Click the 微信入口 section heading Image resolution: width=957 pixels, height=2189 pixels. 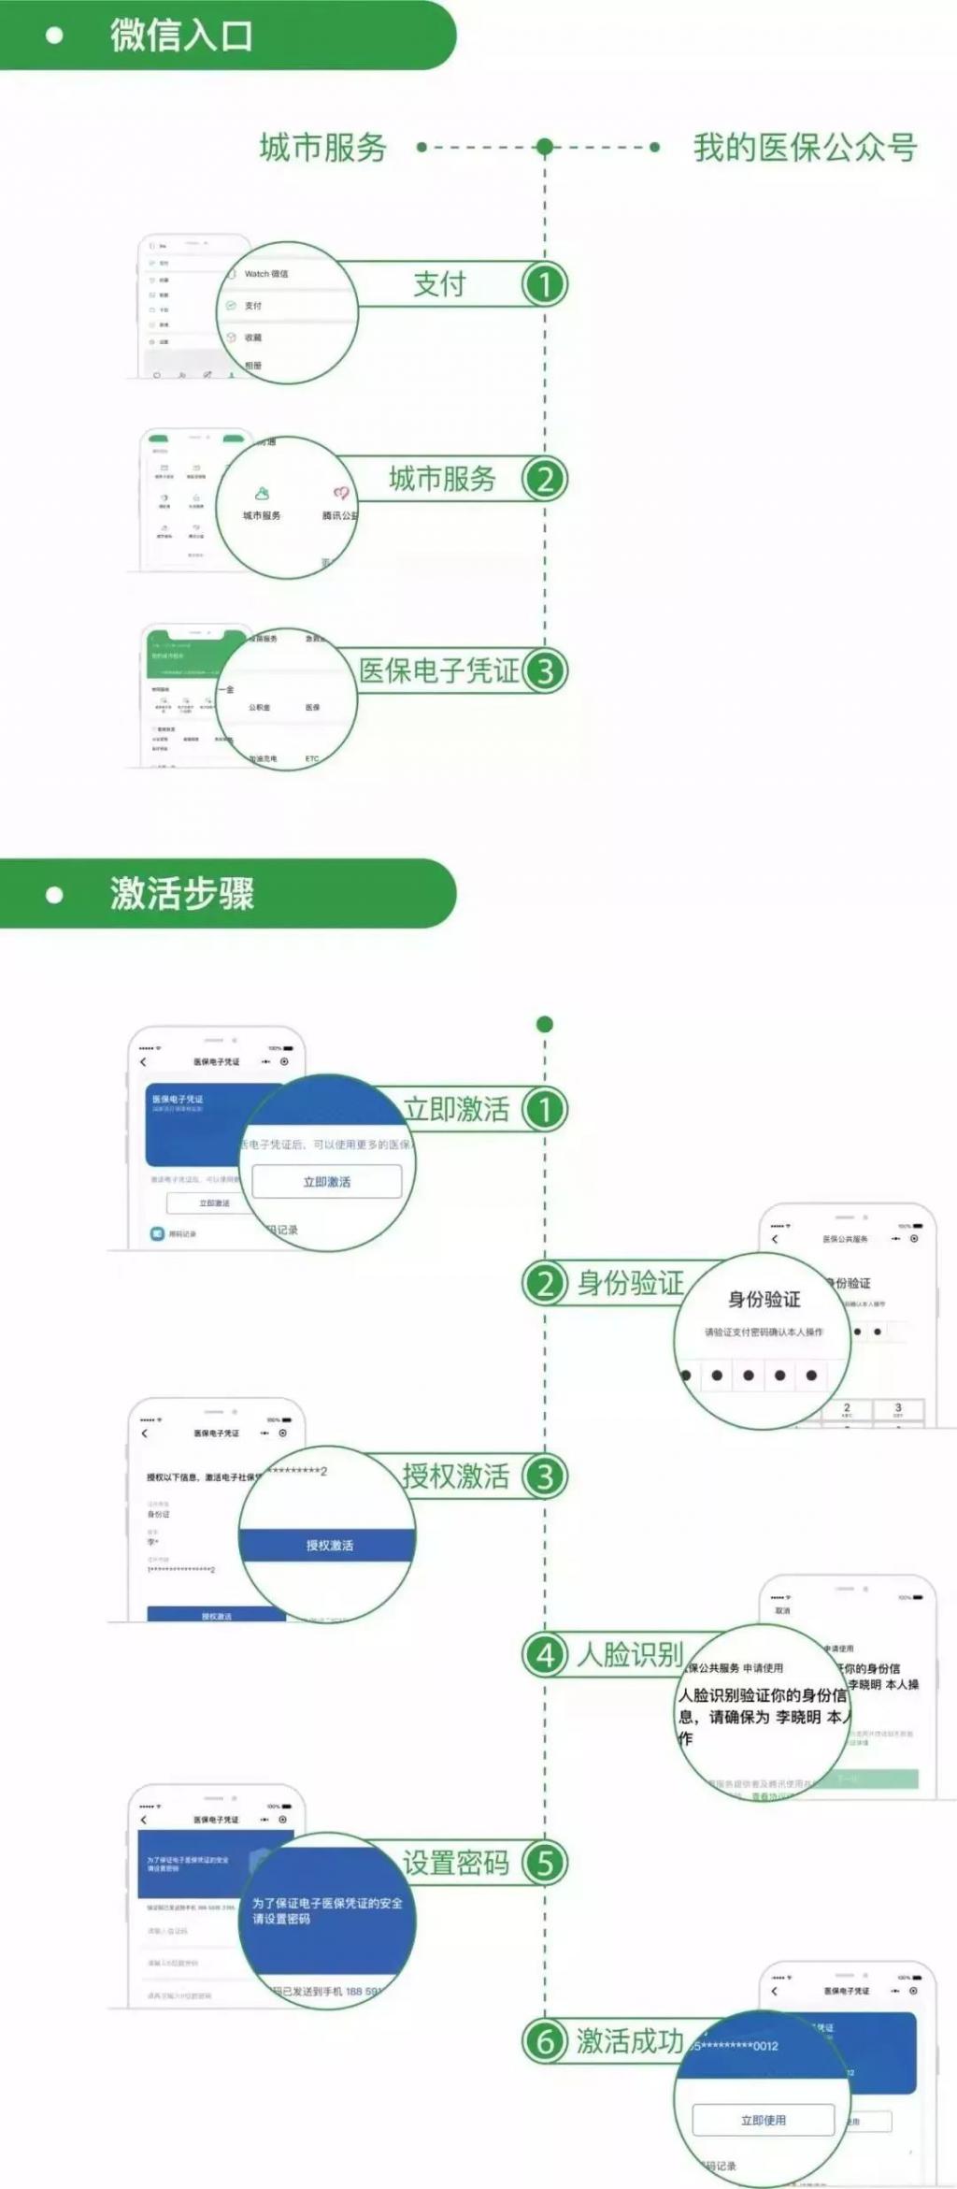click(x=181, y=36)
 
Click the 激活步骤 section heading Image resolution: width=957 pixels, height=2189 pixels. click(x=181, y=894)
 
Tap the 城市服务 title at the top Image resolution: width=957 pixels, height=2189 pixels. click(x=322, y=148)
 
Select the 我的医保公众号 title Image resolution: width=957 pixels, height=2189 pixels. click(x=805, y=148)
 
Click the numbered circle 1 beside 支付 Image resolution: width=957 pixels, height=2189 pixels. click(x=545, y=284)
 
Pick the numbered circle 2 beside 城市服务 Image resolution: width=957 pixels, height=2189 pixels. click(x=545, y=479)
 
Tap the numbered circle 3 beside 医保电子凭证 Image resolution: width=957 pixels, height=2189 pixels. click(x=545, y=670)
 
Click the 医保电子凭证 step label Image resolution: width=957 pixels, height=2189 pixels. click(x=438, y=670)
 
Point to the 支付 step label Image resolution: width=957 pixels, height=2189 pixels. click(x=439, y=284)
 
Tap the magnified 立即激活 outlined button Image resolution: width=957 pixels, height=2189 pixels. click(x=327, y=1182)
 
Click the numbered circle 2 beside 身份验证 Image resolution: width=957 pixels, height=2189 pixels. click(x=545, y=1283)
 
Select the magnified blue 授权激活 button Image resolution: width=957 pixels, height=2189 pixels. click(x=329, y=1546)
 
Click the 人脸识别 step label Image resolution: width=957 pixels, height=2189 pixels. click(x=630, y=1655)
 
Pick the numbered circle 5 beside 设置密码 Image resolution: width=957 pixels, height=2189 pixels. click(x=545, y=1863)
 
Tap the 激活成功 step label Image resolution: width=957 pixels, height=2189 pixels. click(x=630, y=2041)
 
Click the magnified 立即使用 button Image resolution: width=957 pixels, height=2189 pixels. click(x=763, y=2120)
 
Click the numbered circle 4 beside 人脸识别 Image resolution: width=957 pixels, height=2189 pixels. click(x=545, y=1655)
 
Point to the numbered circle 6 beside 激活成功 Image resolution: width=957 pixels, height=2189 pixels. click(x=545, y=2041)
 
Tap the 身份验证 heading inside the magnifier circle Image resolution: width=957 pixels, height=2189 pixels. click(x=764, y=1300)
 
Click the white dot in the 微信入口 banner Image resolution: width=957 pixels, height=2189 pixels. click(x=54, y=36)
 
